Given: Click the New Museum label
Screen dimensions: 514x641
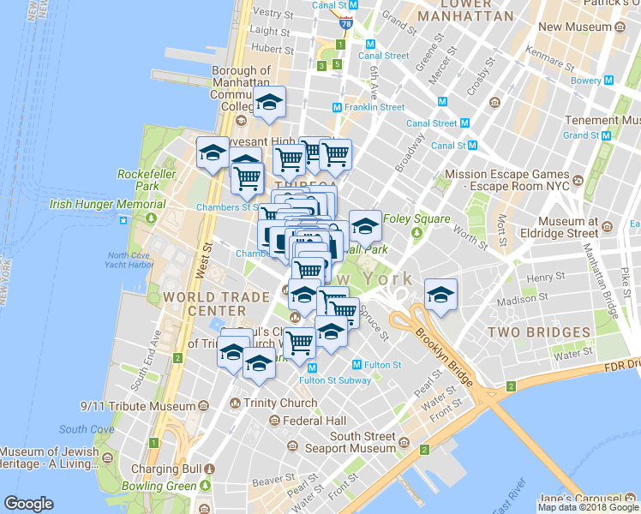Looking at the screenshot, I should (x=573, y=27).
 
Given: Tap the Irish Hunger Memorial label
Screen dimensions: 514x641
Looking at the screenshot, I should (x=107, y=205).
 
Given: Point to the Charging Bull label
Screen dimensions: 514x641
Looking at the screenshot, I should (x=165, y=469).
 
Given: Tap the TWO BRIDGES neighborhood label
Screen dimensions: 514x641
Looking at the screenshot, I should (x=539, y=332).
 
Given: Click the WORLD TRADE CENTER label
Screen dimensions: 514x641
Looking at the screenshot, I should (x=204, y=302).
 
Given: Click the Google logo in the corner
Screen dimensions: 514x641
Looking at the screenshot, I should (x=28, y=503).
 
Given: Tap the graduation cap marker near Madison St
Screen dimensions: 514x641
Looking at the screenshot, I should (x=440, y=296).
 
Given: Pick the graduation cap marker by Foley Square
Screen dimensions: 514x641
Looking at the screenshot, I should (x=365, y=227).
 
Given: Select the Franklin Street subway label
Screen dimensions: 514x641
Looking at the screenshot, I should (x=374, y=108).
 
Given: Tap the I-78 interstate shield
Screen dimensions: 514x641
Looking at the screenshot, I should (x=346, y=22).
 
